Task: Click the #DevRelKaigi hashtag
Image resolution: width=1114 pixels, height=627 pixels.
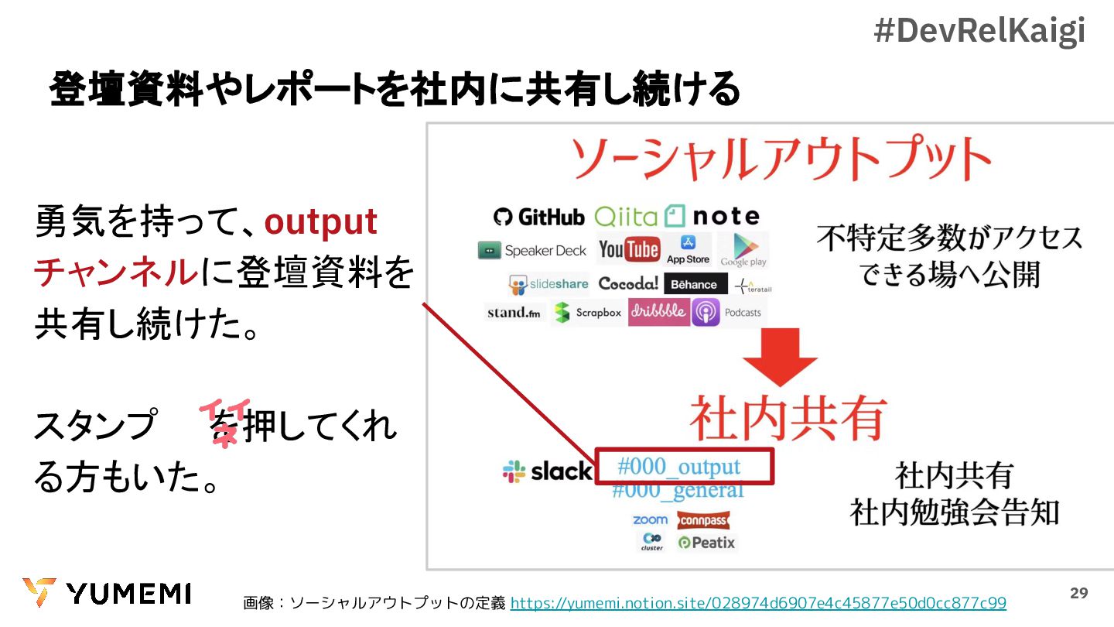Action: [979, 31]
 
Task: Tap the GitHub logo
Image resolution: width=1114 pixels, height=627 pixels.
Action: [538, 217]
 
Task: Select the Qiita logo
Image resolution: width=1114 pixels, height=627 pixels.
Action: [626, 216]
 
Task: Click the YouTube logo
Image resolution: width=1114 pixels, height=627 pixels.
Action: [629, 249]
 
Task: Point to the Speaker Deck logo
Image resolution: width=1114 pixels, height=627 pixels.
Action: [532, 251]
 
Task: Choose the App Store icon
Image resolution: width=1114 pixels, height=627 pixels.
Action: [688, 249]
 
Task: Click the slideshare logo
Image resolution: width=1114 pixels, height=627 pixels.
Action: [548, 285]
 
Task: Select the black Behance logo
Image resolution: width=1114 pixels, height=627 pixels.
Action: [694, 284]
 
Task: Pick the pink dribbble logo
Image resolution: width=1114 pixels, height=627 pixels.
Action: [658, 311]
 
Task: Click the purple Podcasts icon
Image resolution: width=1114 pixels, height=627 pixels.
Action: [706, 313]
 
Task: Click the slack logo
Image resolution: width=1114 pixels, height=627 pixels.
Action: [547, 471]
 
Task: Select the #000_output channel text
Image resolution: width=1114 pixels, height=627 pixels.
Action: [678, 467]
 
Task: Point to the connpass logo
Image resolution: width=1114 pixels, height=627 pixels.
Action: [703, 521]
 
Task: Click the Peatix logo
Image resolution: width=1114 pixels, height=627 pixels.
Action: [706, 543]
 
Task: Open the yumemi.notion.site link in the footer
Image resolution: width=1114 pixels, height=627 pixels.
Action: [758, 603]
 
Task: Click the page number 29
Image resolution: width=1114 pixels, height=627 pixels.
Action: [1078, 594]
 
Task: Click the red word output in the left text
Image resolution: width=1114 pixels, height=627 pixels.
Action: [320, 222]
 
